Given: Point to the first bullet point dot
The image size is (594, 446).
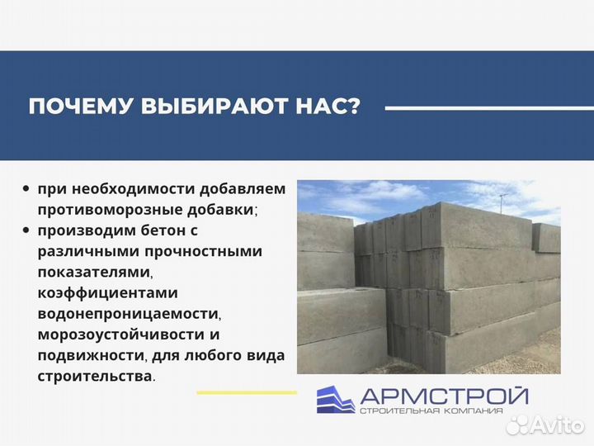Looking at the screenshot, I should [27, 189].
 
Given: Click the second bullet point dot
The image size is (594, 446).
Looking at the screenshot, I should [27, 230].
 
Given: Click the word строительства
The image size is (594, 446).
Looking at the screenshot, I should [94, 376].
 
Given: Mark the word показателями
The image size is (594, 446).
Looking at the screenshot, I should [95, 272].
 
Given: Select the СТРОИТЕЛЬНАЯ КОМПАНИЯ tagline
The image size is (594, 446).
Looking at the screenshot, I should [442, 411].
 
